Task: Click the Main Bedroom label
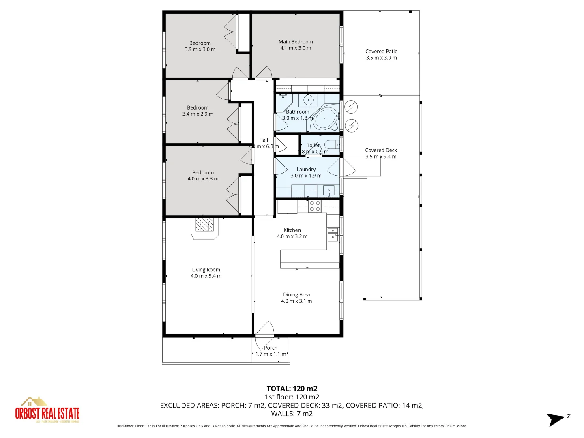pos(296,42)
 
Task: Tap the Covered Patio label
pos(381,52)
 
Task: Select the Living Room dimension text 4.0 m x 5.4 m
pos(206,276)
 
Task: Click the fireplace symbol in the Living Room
pos(205,225)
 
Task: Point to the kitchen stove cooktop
pos(315,206)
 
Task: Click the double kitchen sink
pos(333,234)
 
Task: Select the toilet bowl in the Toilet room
pos(331,144)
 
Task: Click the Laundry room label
pos(306,170)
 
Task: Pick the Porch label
pos(271,348)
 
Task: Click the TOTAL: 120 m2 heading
pos(292,389)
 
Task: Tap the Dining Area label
pos(296,295)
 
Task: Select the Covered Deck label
pos(381,150)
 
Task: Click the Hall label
pos(264,140)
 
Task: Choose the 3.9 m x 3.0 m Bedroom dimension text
pos(200,49)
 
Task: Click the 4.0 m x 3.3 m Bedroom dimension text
pos(203,179)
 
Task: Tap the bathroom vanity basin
pos(309,99)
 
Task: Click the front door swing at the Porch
pos(265,329)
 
